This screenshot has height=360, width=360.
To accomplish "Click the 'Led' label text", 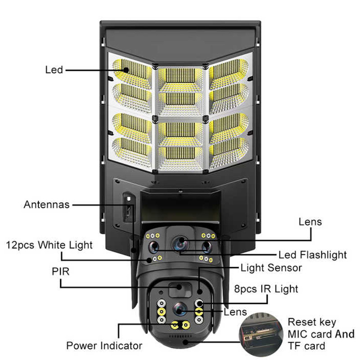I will [x=54, y=70].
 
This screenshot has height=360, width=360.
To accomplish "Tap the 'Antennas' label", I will [x=46, y=205].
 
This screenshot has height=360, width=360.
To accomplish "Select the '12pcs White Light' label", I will [x=49, y=245].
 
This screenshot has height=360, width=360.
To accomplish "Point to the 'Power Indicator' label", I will [x=104, y=346].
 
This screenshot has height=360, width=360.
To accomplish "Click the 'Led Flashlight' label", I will [x=313, y=255].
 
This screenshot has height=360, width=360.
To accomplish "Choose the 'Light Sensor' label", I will [x=271, y=268].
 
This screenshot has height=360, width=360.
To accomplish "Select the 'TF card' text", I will [x=306, y=346].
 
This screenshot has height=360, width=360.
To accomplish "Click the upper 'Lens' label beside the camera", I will [x=310, y=221].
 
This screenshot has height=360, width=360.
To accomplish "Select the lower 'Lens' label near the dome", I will [x=235, y=311].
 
